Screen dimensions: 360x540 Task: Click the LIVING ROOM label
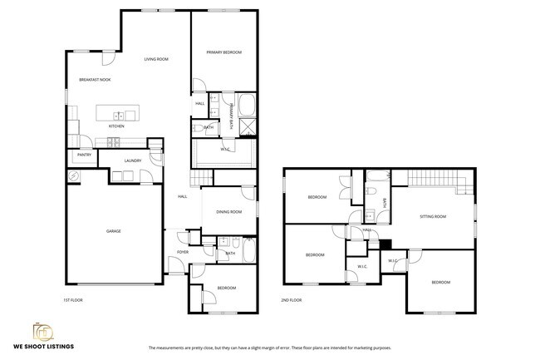click(x=156, y=60)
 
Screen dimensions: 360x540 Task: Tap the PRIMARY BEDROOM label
click(x=224, y=52)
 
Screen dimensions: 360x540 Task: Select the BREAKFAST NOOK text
click(x=95, y=80)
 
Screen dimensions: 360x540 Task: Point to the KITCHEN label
click(x=116, y=126)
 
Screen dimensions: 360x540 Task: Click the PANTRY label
click(x=84, y=155)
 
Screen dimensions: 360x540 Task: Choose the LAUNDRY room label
click(x=133, y=160)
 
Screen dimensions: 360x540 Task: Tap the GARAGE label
click(x=113, y=231)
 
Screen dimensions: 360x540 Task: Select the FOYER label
click(x=183, y=252)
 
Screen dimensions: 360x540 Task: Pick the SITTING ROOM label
click(x=432, y=216)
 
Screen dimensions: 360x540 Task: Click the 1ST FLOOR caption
click(x=73, y=299)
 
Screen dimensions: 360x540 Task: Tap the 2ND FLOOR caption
click(x=291, y=299)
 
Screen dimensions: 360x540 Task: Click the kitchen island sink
click(x=119, y=116)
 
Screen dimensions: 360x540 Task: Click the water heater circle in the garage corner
click(x=73, y=176)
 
